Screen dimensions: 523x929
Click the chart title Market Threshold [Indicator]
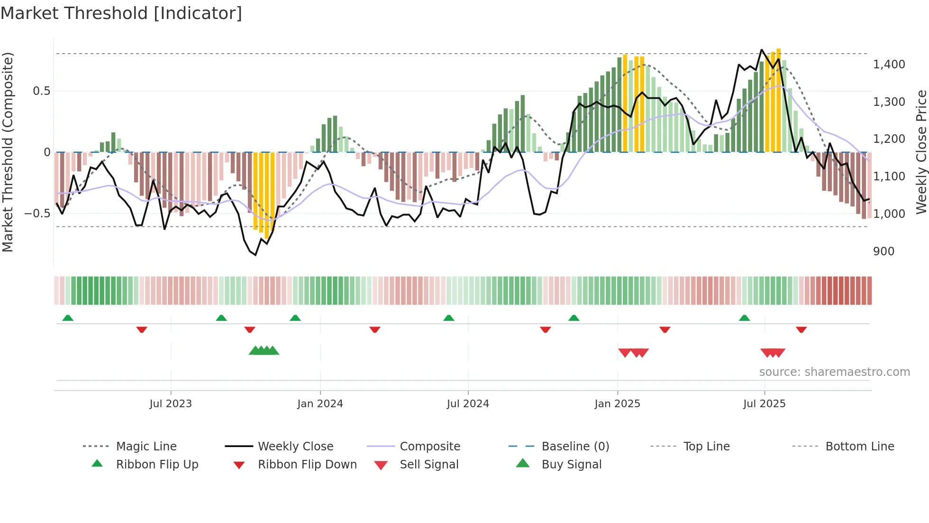[x=121, y=13]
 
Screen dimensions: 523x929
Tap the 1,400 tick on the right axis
[x=889, y=65]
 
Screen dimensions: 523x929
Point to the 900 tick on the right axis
[x=883, y=252]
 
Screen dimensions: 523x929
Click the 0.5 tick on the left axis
[x=41, y=91]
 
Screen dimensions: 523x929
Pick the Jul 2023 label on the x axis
[x=171, y=404]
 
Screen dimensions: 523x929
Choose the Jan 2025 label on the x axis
[x=617, y=404]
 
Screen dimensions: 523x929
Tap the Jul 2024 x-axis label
[x=468, y=404]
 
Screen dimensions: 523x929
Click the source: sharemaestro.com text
[x=834, y=372]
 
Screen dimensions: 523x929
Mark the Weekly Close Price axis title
[x=921, y=152]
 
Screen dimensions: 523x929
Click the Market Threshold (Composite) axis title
[x=8, y=152]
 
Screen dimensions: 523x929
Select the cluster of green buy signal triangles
[x=264, y=351]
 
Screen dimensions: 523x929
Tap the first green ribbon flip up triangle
[x=68, y=318]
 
